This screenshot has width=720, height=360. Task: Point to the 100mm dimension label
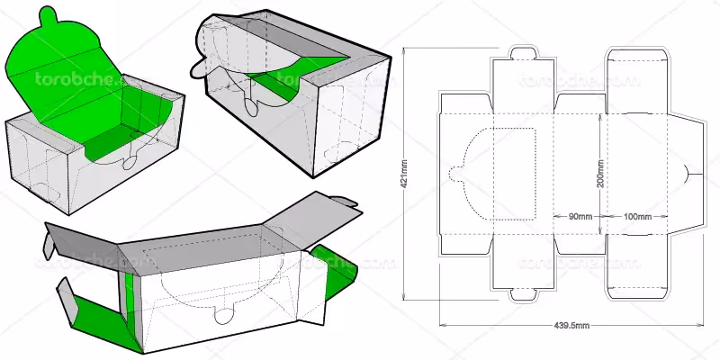click(636, 217)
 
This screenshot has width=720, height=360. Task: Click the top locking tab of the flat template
click(523, 52)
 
